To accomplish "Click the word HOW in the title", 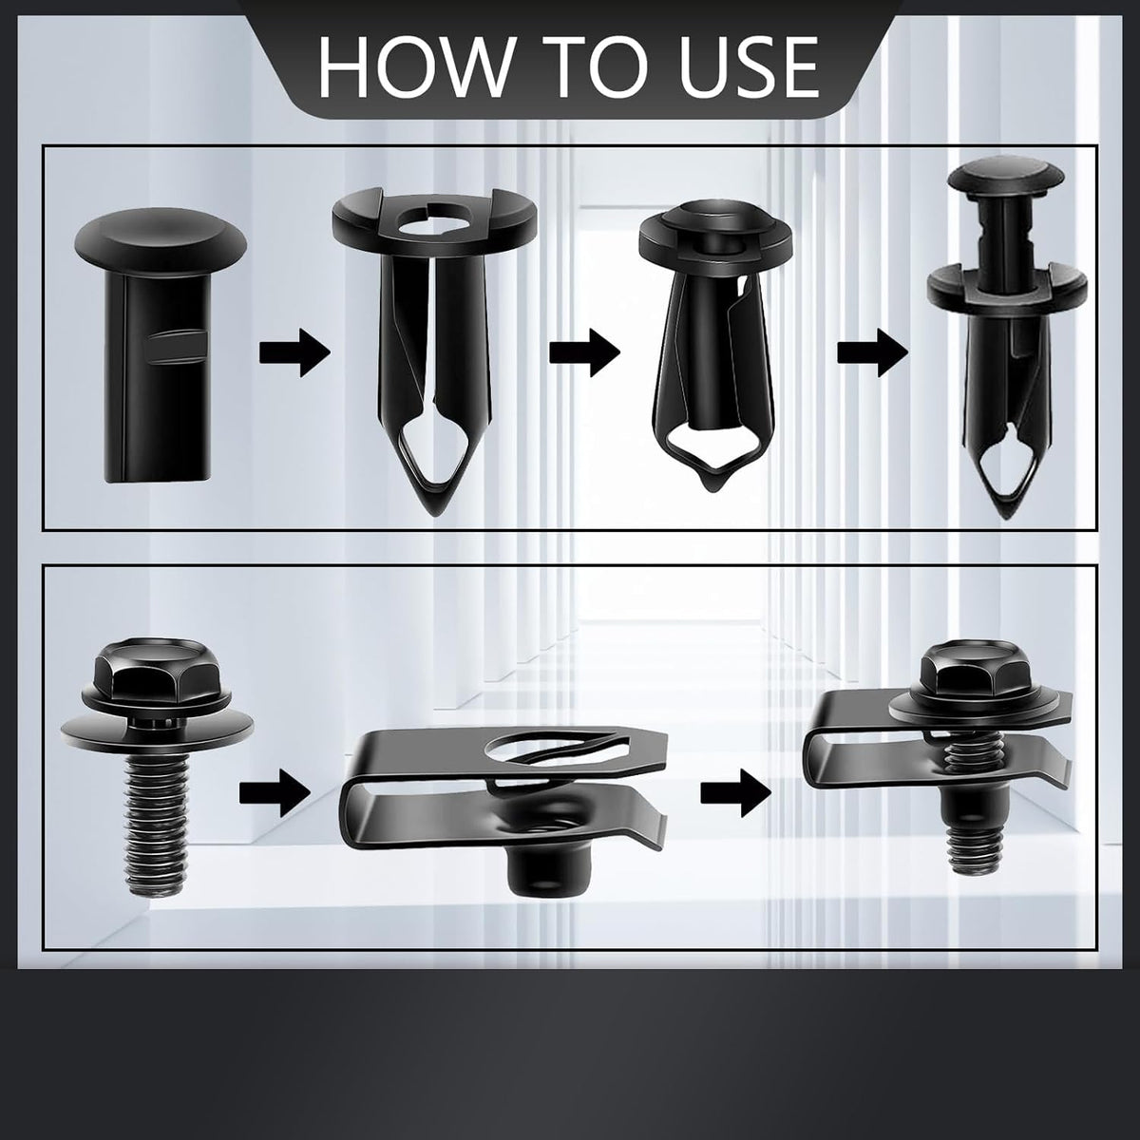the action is pyautogui.click(x=415, y=66).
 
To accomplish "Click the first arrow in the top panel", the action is pyautogui.click(x=294, y=353).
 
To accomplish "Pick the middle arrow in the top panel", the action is pyautogui.click(x=584, y=353).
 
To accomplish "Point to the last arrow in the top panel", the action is pyautogui.click(x=872, y=353).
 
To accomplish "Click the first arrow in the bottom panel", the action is pyautogui.click(x=275, y=793).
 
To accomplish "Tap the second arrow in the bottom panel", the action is pyautogui.click(x=736, y=793).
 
